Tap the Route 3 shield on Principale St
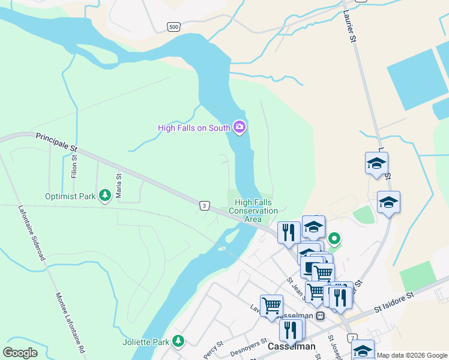205,206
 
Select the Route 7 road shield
352,338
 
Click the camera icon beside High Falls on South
240,127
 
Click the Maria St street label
119,185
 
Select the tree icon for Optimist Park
105,195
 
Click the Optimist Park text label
70,196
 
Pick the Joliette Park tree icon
178,341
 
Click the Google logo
20,353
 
